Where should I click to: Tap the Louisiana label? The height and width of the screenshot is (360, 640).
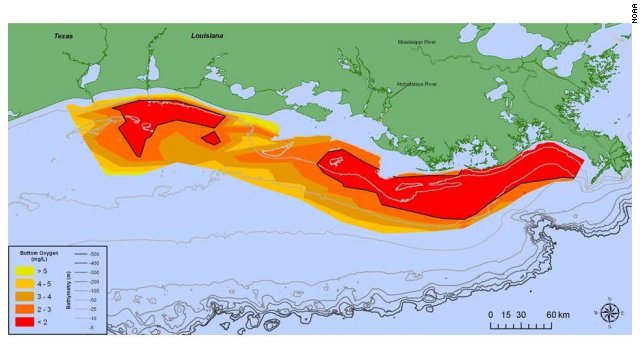207,35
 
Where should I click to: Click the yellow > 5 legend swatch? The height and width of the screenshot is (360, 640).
25,270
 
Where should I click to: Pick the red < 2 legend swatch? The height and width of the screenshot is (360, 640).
25,321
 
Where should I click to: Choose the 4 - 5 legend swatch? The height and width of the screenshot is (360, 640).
25,283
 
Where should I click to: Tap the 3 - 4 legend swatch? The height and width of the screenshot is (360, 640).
25,296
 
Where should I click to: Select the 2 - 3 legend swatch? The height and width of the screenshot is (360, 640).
25,309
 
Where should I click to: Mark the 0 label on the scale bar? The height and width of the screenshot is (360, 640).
491,315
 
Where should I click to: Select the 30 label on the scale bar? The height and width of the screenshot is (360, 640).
522,315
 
